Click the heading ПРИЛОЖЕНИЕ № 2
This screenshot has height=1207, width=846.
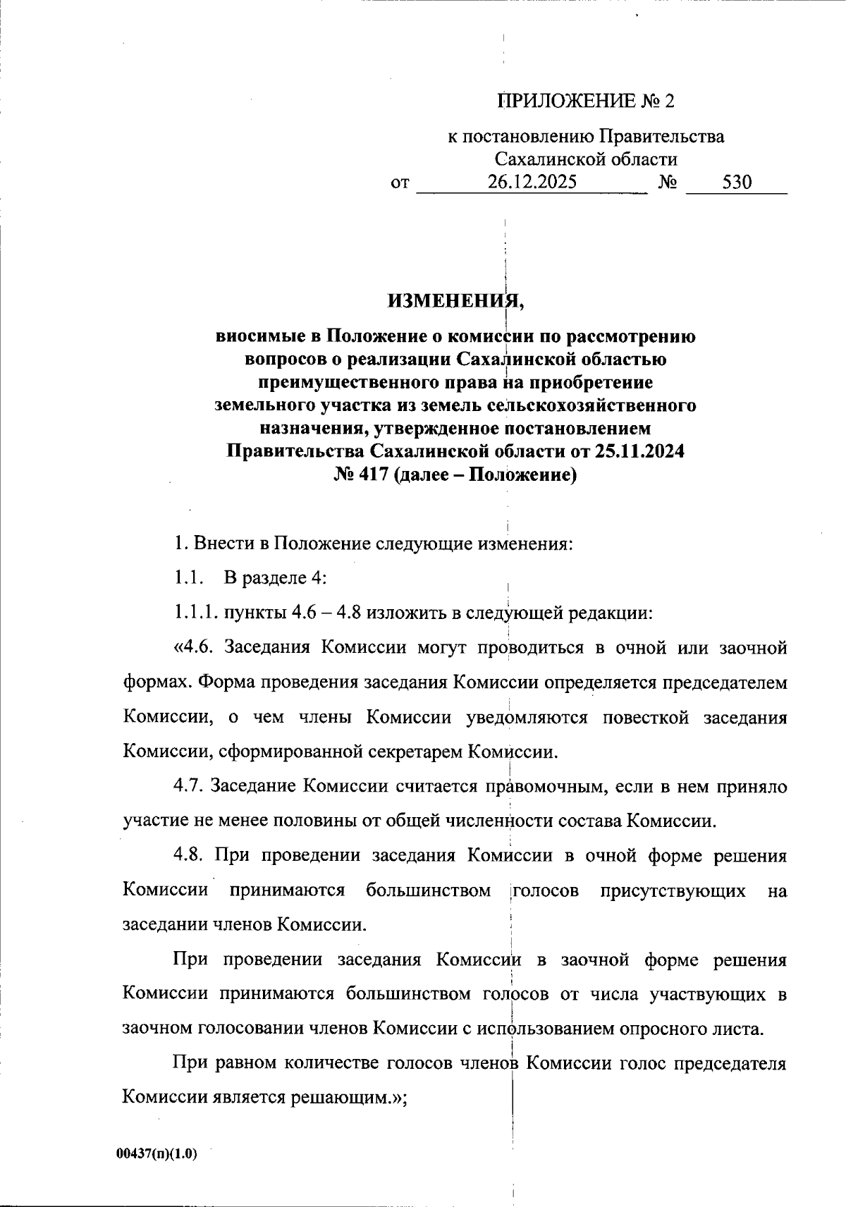pos(586,102)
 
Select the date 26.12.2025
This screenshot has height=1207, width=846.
pos(532,183)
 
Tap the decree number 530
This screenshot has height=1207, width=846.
pos(737,183)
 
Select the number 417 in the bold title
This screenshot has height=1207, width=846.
pos(372,474)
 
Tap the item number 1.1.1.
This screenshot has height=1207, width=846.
pos(196,613)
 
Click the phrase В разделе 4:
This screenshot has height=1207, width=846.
pos(274,578)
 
